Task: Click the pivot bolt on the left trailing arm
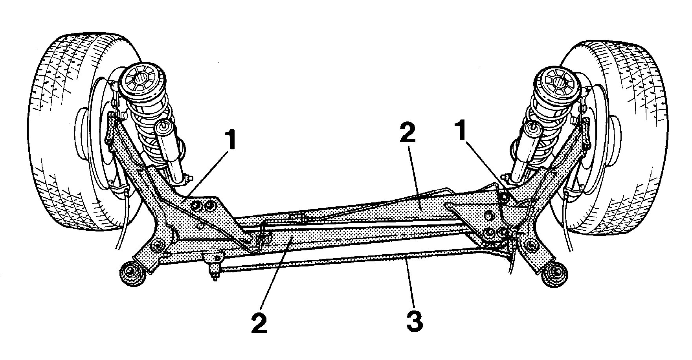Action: point(157,245)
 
